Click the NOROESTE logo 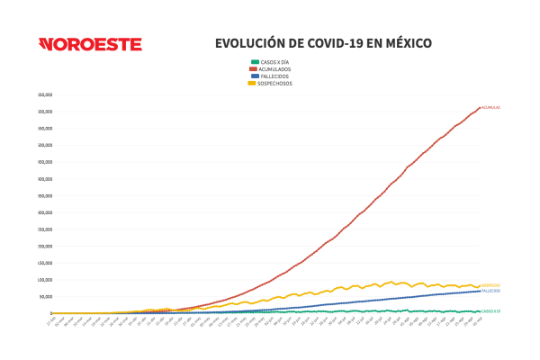click(90, 44)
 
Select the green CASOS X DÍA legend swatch click(255, 61)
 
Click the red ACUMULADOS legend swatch click(255, 68)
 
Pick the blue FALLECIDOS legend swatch click(255, 76)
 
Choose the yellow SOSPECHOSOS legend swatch click(255, 83)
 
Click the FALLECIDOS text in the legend click(275, 76)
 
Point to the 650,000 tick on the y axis click(45, 94)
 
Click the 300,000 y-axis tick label click(45, 212)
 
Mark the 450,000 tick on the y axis click(45, 162)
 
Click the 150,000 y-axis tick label click(45, 263)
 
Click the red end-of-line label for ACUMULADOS click(490, 107)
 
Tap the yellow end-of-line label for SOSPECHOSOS click(490, 285)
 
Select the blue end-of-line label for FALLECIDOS click(490, 291)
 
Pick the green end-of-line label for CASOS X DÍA click(490, 311)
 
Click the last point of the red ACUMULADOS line click(480, 107)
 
